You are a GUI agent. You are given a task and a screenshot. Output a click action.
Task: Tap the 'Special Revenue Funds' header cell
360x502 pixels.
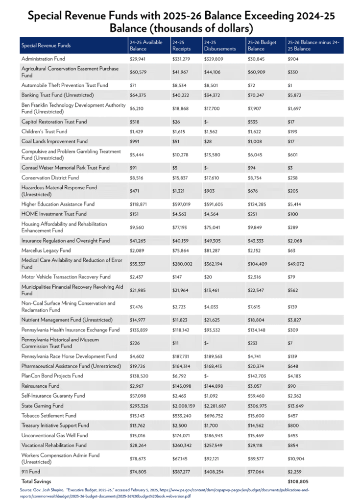[46, 46]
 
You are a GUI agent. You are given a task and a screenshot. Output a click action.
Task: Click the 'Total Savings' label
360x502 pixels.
[36, 481]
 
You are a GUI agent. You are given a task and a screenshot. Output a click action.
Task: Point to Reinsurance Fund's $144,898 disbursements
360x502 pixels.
[214, 386]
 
